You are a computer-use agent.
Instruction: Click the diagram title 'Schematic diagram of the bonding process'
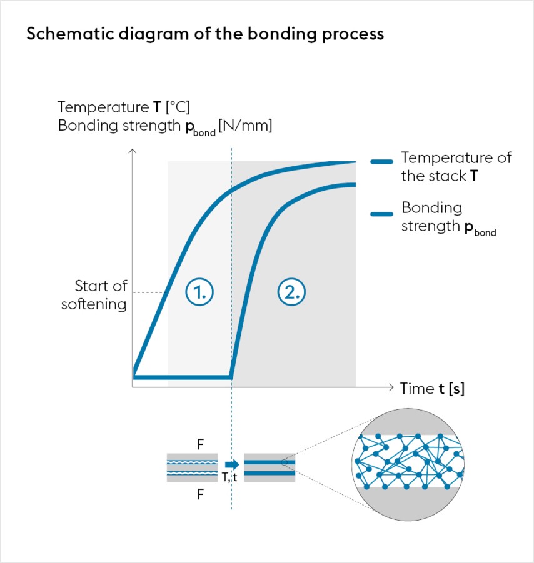205,34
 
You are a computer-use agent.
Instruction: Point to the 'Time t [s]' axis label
432,388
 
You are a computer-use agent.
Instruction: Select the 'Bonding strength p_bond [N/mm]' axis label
165,126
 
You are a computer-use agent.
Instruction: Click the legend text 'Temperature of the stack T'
456,166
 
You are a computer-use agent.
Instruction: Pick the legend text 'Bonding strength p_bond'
448,217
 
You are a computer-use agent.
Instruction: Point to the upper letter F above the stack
200,445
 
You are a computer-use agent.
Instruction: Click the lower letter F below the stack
200,494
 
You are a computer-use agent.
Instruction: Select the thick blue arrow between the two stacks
231,464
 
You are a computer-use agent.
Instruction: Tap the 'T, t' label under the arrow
230,478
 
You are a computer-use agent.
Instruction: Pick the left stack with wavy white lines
192,467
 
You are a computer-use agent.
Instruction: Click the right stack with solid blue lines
270,467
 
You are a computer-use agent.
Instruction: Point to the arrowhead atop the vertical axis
132,152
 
